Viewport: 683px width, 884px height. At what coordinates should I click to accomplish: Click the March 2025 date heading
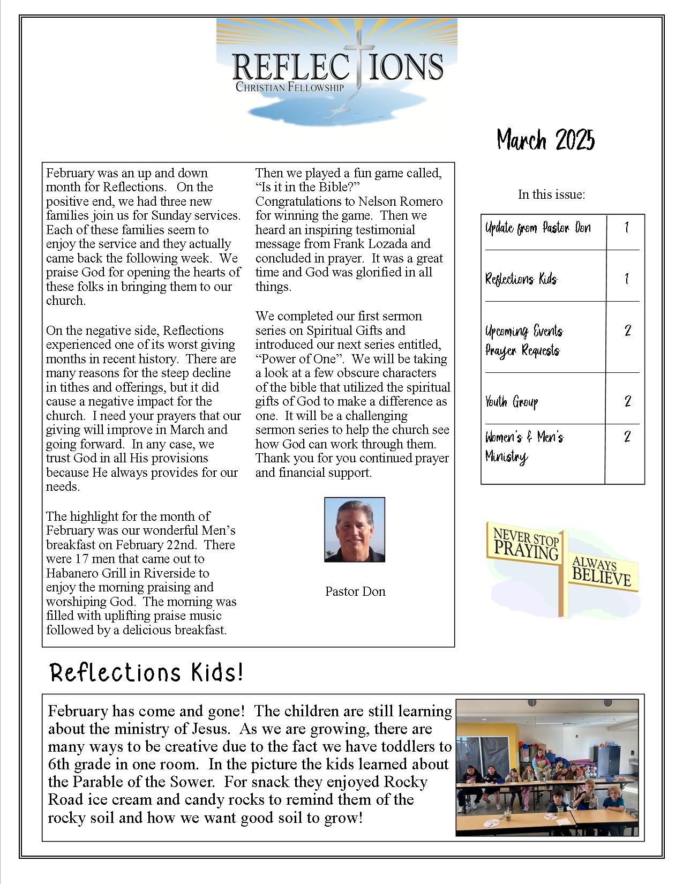click(x=545, y=140)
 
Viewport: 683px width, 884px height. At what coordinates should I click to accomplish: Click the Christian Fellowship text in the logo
click(x=289, y=86)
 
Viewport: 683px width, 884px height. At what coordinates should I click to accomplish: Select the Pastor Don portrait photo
click(x=355, y=530)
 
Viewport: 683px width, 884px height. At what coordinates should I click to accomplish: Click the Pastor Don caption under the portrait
click(x=355, y=591)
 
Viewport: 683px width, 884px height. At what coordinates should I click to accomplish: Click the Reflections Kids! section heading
click(x=147, y=672)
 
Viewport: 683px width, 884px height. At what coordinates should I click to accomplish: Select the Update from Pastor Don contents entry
click(x=538, y=228)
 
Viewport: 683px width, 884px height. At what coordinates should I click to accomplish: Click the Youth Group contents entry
click(x=512, y=402)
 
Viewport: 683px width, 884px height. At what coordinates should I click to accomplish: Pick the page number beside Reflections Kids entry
click(x=626, y=279)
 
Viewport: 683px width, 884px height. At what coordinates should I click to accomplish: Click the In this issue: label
click(x=551, y=194)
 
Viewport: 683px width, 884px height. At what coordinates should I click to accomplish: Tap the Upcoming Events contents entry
click(x=524, y=331)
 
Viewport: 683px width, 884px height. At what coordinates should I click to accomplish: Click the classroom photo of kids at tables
click(x=547, y=767)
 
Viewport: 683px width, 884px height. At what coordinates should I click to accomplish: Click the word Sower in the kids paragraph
click(x=198, y=782)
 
